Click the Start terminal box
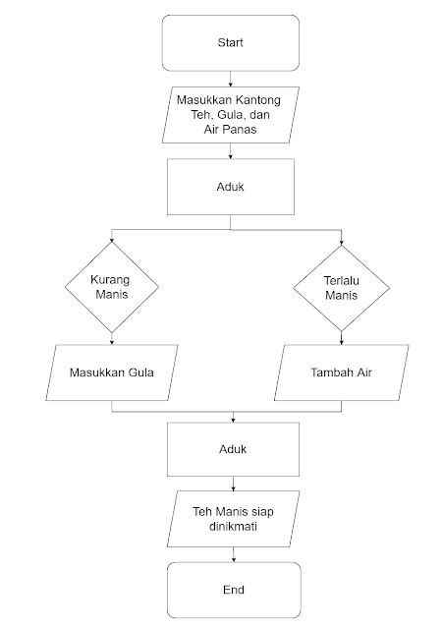click(x=230, y=43)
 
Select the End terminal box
click(x=232, y=590)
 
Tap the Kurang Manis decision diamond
click(x=112, y=287)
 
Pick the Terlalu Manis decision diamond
click(x=341, y=287)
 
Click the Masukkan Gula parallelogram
click(x=112, y=373)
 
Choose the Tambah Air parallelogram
click(x=341, y=373)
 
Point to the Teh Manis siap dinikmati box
click(x=232, y=518)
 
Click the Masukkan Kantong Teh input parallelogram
click(x=230, y=114)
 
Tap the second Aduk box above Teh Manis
click(x=232, y=448)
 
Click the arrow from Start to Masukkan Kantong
click(x=230, y=78)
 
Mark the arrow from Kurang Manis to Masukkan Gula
click(x=112, y=337)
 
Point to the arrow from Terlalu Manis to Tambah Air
click(x=341, y=337)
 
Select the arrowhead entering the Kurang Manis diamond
click(x=112, y=242)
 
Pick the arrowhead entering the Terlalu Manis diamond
click(x=341, y=242)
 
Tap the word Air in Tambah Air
click(x=364, y=373)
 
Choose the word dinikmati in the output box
click(x=232, y=526)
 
